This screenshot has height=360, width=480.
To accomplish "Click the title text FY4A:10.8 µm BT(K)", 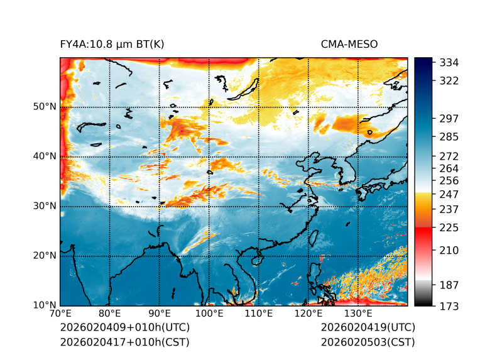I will tap(112, 44).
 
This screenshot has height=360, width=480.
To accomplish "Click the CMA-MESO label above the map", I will tap(349, 44).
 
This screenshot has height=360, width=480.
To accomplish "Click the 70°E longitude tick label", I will tap(60, 314).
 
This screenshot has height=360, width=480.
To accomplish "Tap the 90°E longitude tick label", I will tap(160, 314).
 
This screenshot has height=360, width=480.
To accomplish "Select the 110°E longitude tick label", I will tap(258, 314).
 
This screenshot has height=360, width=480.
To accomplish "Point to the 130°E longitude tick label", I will tap(357, 314).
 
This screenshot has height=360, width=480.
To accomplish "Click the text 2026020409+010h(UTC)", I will tap(124, 327).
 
